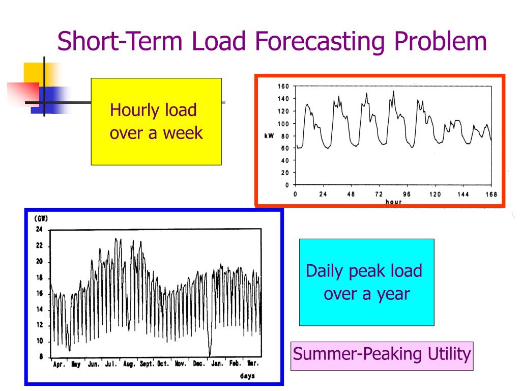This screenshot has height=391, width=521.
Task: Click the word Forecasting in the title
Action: [x=320, y=42]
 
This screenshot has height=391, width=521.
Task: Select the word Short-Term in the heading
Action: [x=120, y=41]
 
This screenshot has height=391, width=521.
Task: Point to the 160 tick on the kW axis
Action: [x=283, y=86]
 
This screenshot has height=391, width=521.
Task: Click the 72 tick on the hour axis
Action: [x=379, y=194]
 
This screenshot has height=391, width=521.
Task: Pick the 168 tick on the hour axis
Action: [x=491, y=194]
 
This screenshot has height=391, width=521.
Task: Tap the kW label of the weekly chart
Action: [x=269, y=136]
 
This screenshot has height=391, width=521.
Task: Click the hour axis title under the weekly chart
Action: [x=393, y=202]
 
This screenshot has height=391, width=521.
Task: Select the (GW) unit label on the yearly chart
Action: [x=41, y=218]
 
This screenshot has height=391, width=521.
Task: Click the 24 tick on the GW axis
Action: [x=39, y=229]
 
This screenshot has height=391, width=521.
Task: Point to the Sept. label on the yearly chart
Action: [x=147, y=364]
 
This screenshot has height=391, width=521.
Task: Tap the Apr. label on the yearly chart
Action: [x=59, y=365]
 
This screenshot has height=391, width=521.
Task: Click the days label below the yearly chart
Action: [x=247, y=376]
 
